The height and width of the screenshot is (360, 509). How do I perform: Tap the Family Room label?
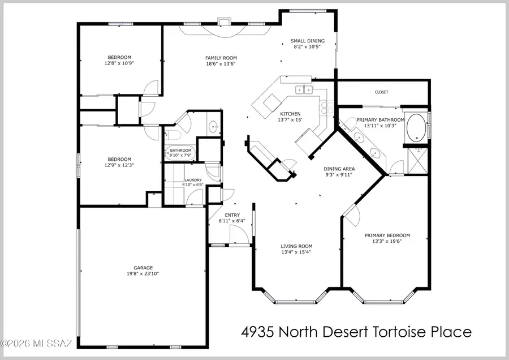point(221,58)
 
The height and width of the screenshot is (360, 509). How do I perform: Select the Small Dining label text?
point(307,41)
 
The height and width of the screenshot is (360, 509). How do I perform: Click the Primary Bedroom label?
point(387,235)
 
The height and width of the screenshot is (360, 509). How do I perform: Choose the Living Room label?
point(297,246)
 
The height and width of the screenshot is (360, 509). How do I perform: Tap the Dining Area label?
point(339,169)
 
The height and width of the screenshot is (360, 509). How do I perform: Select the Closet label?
point(381,92)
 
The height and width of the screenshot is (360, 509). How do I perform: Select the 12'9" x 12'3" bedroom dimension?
point(119,165)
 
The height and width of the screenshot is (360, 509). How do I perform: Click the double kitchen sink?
point(303,89)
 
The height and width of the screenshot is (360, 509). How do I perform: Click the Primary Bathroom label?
point(380,120)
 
